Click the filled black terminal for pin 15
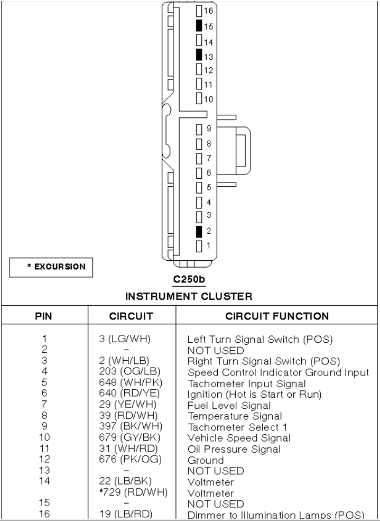199,25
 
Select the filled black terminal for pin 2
199,231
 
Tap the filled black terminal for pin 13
199,54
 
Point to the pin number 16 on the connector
208,11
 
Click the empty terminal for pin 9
199,129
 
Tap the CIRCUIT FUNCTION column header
277,316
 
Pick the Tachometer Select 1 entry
233,427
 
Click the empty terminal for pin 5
199,187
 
